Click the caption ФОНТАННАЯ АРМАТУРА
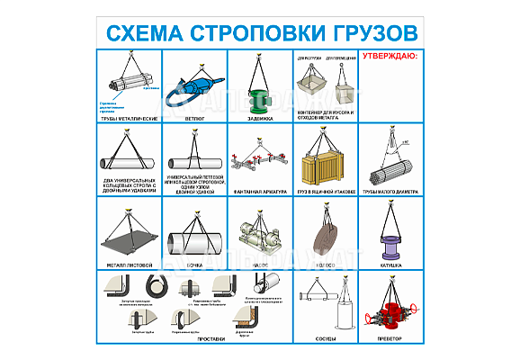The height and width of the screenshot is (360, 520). click(260, 191)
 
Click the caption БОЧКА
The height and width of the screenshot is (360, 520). click(195, 265)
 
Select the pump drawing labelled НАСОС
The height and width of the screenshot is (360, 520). click(257, 239)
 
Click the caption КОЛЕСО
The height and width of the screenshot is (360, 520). click(325, 265)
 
